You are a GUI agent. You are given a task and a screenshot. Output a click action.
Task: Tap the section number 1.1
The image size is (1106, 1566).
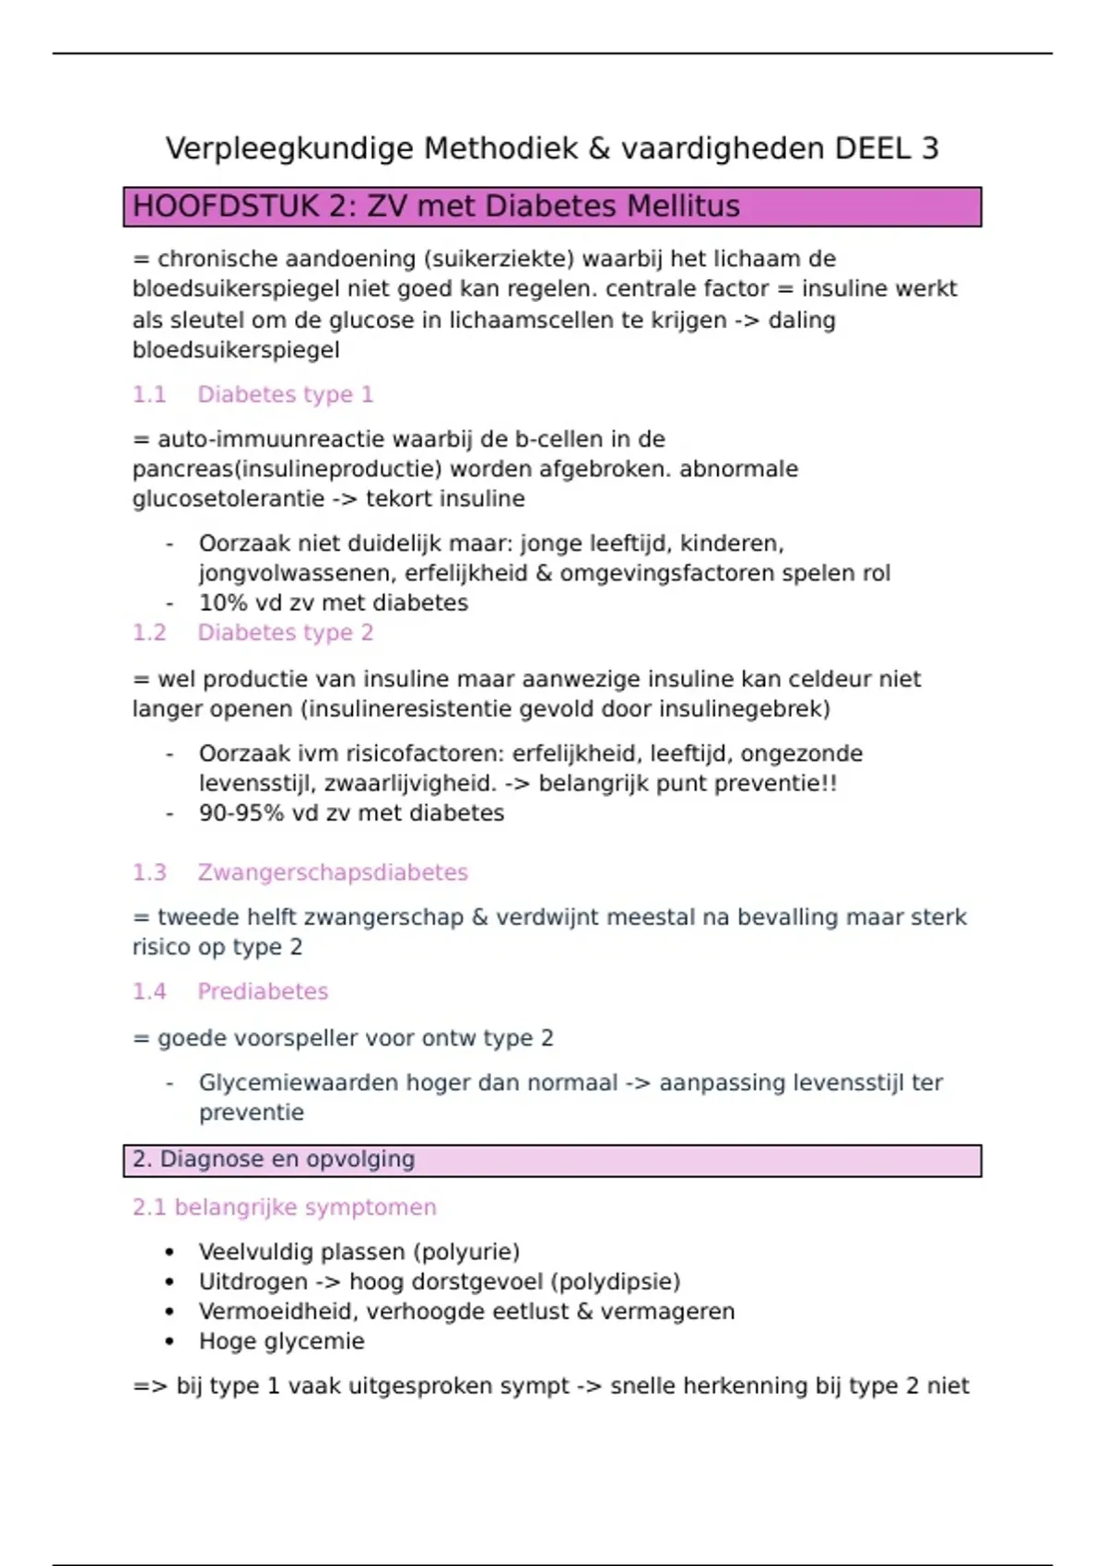click(149, 395)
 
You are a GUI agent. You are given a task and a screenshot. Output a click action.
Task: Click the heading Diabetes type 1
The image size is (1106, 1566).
click(285, 395)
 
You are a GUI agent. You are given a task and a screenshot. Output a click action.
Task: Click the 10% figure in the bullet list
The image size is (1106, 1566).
click(219, 603)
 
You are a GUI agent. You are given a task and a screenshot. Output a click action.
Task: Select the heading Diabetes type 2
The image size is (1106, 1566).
click(285, 633)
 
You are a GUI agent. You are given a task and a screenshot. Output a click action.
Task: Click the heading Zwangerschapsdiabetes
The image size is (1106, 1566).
click(333, 872)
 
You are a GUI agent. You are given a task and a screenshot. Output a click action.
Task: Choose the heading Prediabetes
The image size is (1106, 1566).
click(263, 992)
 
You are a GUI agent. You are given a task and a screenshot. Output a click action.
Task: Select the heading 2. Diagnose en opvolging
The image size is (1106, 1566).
click(274, 1160)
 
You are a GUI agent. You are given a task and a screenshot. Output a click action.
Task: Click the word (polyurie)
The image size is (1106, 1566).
click(466, 1253)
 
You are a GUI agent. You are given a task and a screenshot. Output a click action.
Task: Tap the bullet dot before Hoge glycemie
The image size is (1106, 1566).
click(169, 1342)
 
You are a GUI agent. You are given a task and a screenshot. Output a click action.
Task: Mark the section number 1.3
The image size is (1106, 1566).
click(149, 872)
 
